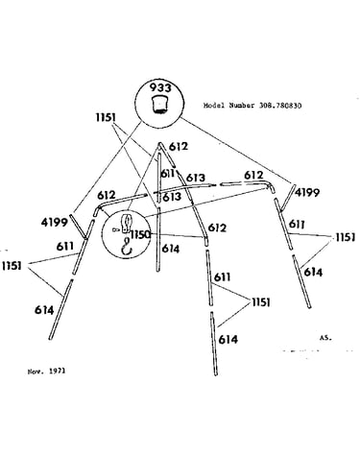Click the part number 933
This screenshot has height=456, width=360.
[x=160, y=87]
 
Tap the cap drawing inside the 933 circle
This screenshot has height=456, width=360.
[x=159, y=105]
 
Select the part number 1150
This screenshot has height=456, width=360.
[x=139, y=234]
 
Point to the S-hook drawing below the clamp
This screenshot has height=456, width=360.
[x=128, y=247]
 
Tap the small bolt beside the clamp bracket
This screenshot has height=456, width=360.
[x=116, y=229]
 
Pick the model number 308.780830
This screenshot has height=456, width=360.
[x=280, y=106]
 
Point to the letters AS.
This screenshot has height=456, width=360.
[x=325, y=338]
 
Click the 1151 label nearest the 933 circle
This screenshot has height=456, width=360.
[x=106, y=117]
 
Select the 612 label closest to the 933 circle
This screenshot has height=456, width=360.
[x=179, y=146]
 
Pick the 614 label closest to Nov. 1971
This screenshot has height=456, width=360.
[x=44, y=310]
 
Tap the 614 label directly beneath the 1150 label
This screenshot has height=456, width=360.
[x=171, y=249]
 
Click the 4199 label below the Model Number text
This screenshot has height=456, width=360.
[x=307, y=192]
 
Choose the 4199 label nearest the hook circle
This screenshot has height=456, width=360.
[x=55, y=222]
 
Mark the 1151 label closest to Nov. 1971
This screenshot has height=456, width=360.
[x=12, y=266]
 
